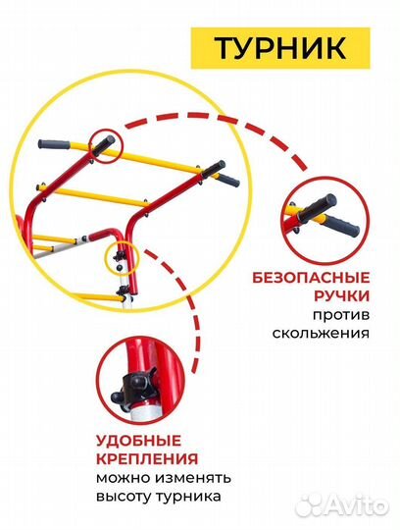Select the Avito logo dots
[x=310, y=504]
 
